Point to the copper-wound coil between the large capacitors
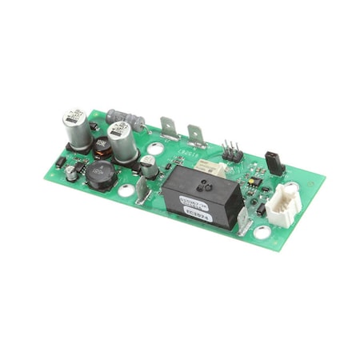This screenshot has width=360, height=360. coord(102,148)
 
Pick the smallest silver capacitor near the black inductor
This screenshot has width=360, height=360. coord(72,173)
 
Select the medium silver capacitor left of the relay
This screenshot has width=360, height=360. coord(148,166)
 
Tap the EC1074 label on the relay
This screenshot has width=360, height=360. coord(194,214)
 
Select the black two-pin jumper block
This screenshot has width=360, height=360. coord(273,162)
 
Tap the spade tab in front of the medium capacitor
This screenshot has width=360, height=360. coord(142,191)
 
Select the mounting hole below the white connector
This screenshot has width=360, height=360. coord(262,233)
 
